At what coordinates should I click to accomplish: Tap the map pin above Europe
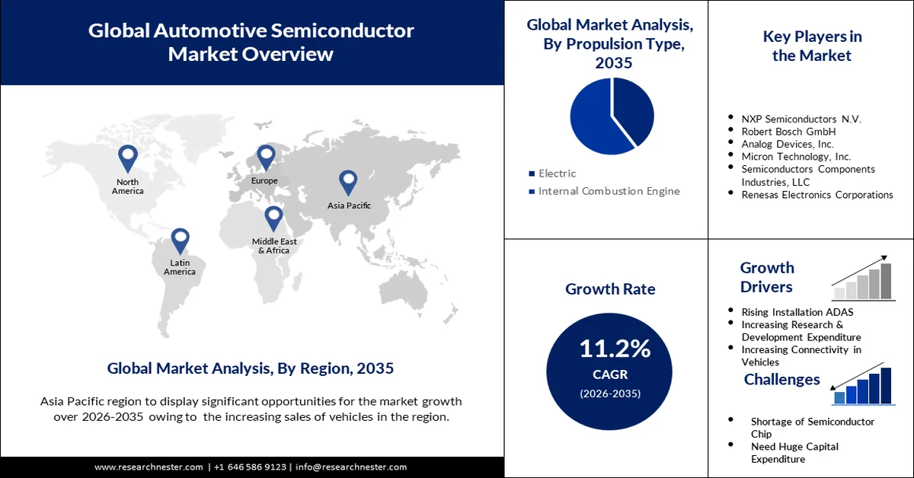pos(265,157)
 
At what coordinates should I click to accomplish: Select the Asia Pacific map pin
pos(348,182)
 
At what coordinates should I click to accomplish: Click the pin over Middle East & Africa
pos(273,218)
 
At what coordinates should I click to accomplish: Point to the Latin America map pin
pos(180,240)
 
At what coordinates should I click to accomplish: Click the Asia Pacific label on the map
pos(349,206)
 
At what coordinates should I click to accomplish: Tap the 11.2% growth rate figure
pos(615,349)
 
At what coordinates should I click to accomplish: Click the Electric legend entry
pos(557,174)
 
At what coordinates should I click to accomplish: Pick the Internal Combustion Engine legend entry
pos(609,191)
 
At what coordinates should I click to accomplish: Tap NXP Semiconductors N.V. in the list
pos(801,119)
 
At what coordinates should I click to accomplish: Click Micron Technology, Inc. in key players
pos(796,156)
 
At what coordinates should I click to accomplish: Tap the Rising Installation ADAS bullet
pos(797,311)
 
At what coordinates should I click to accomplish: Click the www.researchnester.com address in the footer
pos(149,467)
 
